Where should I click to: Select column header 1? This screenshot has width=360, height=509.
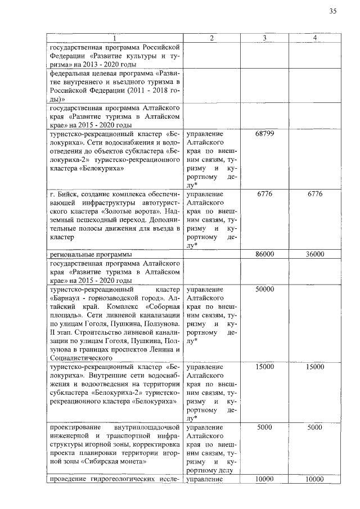(115, 38)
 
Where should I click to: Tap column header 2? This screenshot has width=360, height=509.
(211, 38)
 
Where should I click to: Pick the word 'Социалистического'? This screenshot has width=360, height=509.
(82, 357)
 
